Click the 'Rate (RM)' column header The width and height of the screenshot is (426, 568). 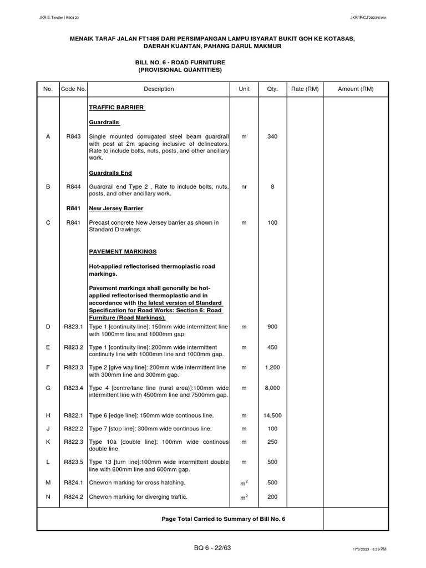[305, 89]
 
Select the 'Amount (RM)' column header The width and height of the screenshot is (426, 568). [356, 89]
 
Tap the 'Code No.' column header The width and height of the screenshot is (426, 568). [74, 89]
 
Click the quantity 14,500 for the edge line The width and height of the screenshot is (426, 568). [272, 415]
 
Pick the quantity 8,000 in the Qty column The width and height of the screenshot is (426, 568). [272, 388]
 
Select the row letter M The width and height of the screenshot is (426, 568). [48, 483]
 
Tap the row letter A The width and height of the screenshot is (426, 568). [48, 136]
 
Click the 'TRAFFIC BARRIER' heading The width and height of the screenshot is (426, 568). [116, 107]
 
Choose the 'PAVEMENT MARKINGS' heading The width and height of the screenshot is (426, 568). [123, 251]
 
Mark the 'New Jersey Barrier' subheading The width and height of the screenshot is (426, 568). [116, 208]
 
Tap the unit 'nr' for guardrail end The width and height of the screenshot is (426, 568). [244, 187]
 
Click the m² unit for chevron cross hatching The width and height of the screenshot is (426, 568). [244, 483]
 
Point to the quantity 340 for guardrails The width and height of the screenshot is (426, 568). [272, 136]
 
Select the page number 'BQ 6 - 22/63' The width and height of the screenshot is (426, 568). [210, 548]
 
